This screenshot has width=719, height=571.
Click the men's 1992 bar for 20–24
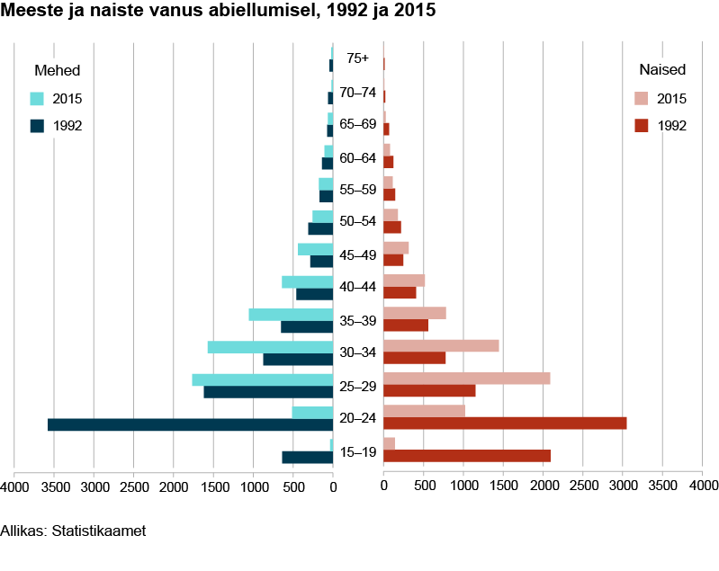[x=190, y=424]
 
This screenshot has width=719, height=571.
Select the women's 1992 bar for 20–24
[x=505, y=424]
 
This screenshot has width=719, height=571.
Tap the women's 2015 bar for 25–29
[x=466, y=379]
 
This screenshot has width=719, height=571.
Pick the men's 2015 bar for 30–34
[x=270, y=347]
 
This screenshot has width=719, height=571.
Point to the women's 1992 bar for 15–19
[x=467, y=456]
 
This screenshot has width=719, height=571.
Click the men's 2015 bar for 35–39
[x=291, y=315]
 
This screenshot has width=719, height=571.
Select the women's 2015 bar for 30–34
[x=441, y=346]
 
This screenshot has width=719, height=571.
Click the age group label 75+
[x=357, y=58]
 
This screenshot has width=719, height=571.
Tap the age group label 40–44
[x=358, y=287]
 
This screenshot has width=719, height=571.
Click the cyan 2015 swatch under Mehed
[x=37, y=99]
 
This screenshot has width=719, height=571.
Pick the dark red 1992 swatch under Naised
[x=641, y=125]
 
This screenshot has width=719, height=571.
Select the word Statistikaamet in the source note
[x=99, y=531]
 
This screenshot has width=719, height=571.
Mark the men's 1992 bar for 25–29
[x=268, y=392]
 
